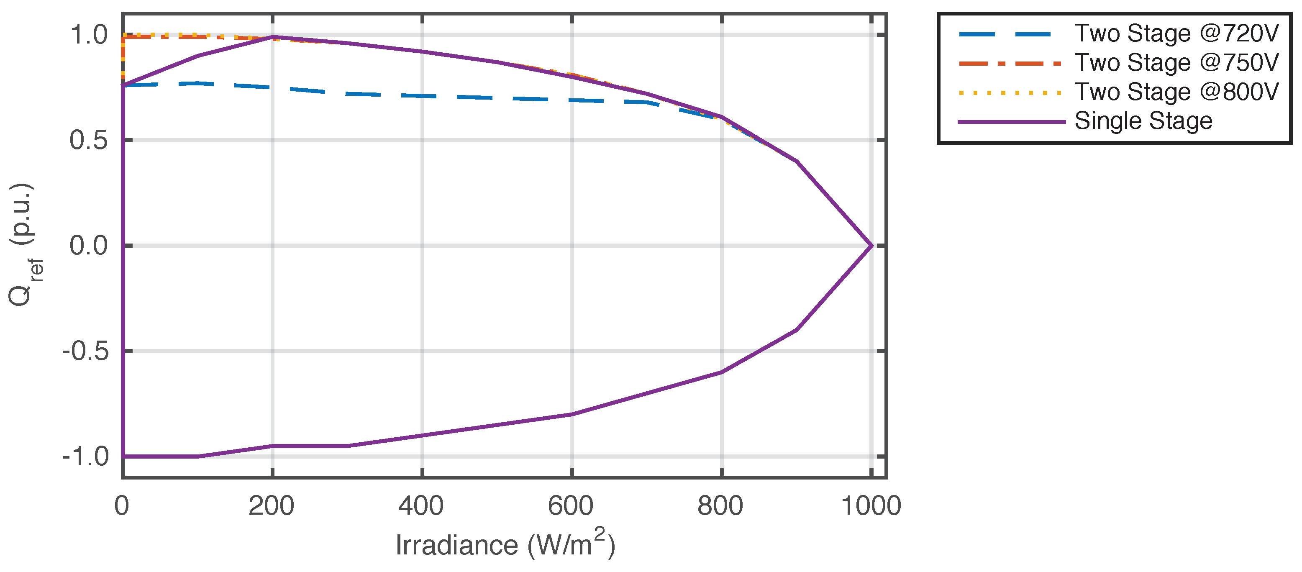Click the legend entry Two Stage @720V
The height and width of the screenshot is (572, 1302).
[1176, 33]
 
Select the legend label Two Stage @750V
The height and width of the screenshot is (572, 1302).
[1176, 63]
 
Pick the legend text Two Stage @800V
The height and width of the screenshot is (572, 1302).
[1176, 92]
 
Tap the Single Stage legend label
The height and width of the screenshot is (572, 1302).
[1143, 121]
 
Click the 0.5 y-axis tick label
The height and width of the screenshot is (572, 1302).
[89, 140]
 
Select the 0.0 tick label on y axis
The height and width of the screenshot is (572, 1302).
[89, 246]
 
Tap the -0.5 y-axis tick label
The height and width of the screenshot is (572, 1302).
[85, 351]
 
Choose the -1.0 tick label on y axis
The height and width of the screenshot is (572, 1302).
[85, 457]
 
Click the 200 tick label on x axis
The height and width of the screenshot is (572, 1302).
[272, 506]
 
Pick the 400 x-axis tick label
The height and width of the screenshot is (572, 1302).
[421, 506]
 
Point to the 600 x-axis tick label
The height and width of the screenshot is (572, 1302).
[571, 506]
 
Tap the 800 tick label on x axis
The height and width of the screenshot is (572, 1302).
[720, 506]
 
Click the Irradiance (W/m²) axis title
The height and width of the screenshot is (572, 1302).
[505, 544]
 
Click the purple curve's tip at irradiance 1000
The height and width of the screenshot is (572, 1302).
[871, 246]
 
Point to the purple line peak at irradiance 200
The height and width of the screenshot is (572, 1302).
[273, 37]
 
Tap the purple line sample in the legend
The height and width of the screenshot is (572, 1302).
[1011, 122]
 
